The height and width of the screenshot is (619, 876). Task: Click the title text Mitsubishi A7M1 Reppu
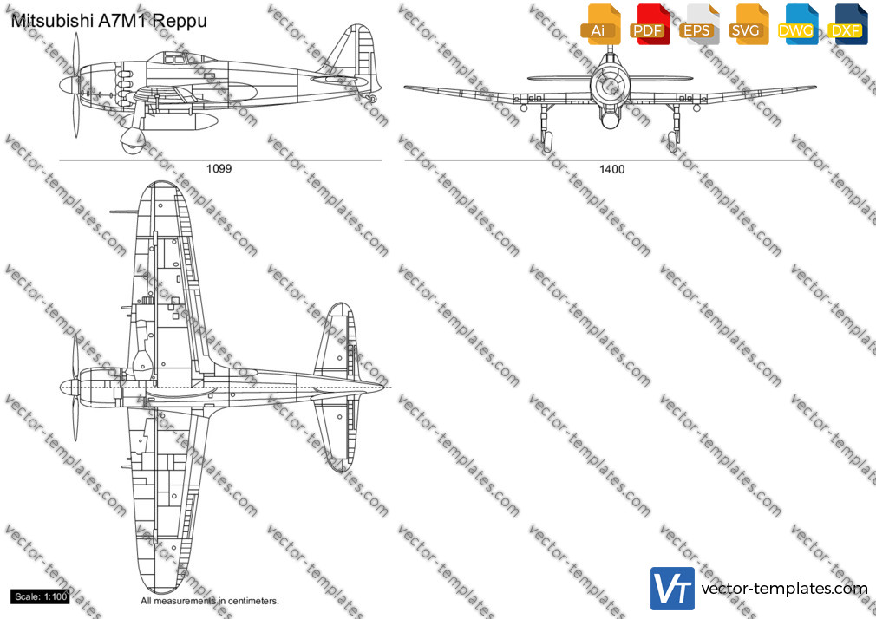[x=109, y=21]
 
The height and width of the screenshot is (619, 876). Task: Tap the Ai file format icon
[x=600, y=24]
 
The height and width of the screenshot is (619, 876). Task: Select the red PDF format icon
[x=650, y=24]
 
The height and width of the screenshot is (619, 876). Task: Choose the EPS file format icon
[x=699, y=24]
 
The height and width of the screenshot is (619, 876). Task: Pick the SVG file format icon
[x=748, y=24]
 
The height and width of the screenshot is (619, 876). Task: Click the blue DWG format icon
[x=798, y=24]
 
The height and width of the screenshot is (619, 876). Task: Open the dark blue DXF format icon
[x=847, y=24]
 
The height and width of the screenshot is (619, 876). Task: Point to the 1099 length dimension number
[x=219, y=169]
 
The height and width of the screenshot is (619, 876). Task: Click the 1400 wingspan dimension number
[x=611, y=169]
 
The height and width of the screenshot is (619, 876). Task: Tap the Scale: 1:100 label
[x=40, y=596]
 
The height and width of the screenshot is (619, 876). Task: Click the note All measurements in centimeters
[x=210, y=601]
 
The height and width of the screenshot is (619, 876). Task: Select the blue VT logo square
[x=673, y=589]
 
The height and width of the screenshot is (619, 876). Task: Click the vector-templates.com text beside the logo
[x=784, y=589]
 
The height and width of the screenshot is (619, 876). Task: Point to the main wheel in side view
[x=133, y=140]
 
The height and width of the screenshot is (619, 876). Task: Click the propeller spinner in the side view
[x=69, y=86]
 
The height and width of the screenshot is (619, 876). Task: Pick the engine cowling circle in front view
[x=610, y=85]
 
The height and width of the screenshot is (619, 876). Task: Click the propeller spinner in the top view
[x=69, y=387]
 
